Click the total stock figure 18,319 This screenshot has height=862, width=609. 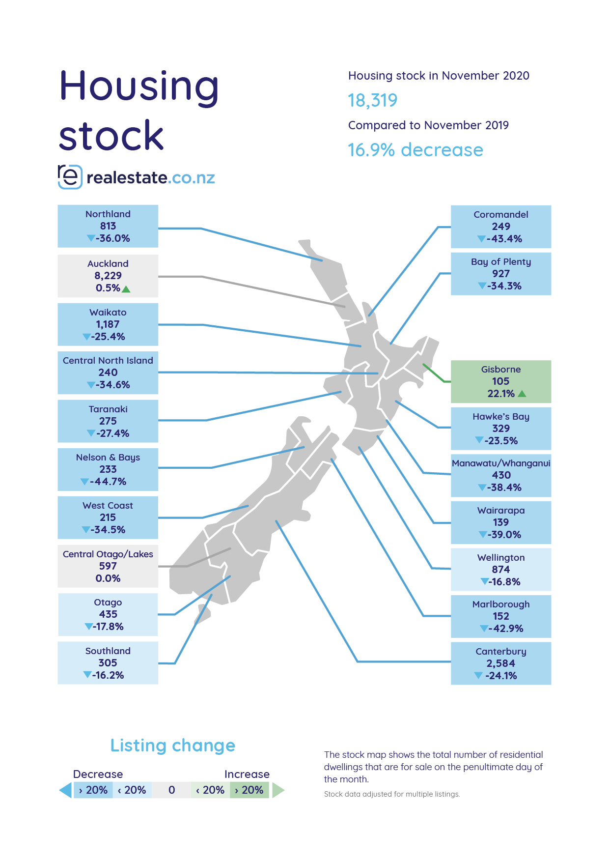pyautogui.click(x=372, y=101)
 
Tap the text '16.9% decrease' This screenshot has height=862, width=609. pyautogui.click(x=415, y=150)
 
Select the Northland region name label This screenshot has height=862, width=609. pyautogui.click(x=108, y=214)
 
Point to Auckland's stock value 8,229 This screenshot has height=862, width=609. pyautogui.click(x=108, y=276)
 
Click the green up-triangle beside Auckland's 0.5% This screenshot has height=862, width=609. pyautogui.click(x=126, y=289)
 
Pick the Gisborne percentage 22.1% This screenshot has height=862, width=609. pyautogui.click(x=501, y=394)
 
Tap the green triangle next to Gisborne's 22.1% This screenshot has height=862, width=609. pyautogui.click(x=522, y=394)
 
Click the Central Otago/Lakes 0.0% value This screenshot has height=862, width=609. pyautogui.click(x=108, y=578)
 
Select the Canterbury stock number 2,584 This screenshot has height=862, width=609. pyautogui.click(x=501, y=663)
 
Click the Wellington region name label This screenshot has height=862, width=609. pyautogui.click(x=501, y=558)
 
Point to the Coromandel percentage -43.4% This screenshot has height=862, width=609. pyautogui.click(x=504, y=239)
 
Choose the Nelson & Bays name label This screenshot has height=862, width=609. pyautogui.click(x=108, y=458)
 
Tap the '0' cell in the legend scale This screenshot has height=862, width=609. pyautogui.click(x=171, y=790)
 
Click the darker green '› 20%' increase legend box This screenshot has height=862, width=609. pyautogui.click(x=249, y=790)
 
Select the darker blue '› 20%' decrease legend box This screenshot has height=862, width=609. pyautogui.click(x=93, y=790)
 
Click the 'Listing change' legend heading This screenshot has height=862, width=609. pyautogui.click(x=173, y=746)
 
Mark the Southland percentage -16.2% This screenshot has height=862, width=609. pyautogui.click(x=108, y=675)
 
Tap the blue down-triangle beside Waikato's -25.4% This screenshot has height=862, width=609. pyautogui.click(x=86, y=337)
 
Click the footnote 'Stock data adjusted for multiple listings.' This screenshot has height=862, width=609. pyautogui.click(x=392, y=794)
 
